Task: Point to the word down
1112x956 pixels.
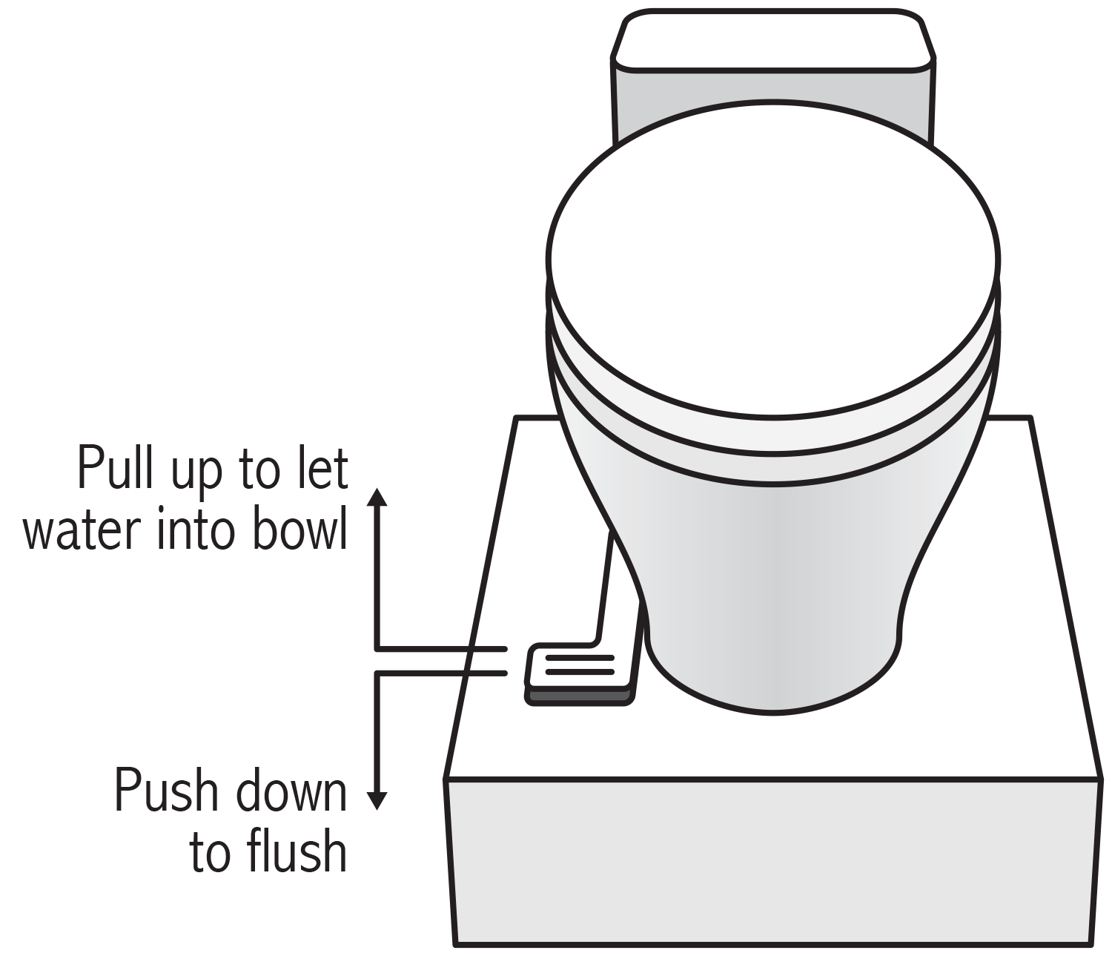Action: [290, 792]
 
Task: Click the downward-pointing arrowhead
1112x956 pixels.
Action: [377, 801]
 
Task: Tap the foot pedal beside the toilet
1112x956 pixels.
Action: [579, 667]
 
